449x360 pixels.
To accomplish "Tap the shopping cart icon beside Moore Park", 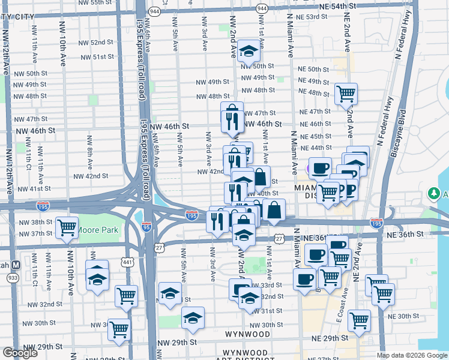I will [67, 227].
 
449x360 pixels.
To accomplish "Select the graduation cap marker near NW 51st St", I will [247, 52].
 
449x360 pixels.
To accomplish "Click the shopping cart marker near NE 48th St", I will [346, 93].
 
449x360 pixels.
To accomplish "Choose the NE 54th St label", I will [330, 5].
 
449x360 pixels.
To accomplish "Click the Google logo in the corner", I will [20, 353].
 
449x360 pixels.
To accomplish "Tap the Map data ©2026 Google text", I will [411, 355].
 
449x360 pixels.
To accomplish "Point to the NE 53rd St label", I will [321, 17].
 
